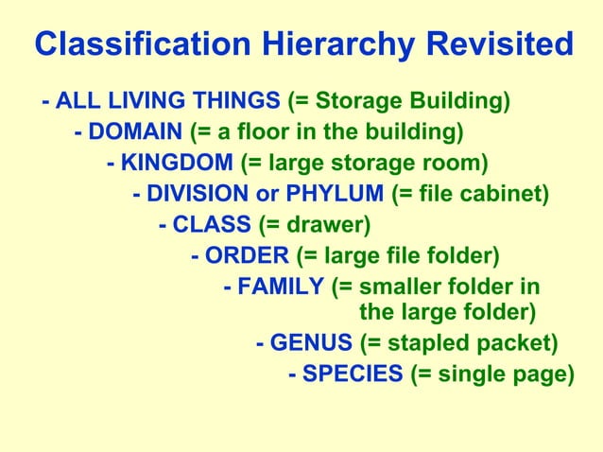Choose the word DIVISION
coord(198,195)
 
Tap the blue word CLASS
coord(211,226)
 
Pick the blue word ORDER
coord(247,256)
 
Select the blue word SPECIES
coord(352,374)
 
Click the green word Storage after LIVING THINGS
coord(358,99)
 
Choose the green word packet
coord(513,341)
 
